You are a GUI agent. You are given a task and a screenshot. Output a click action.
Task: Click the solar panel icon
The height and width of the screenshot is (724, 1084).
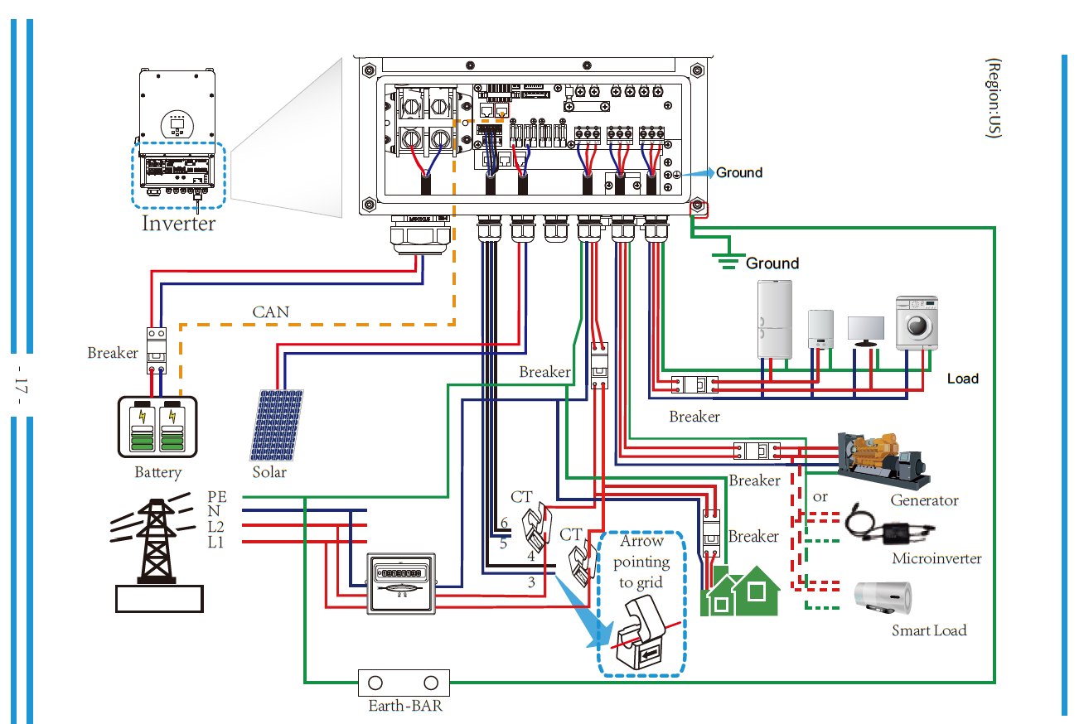(277, 424)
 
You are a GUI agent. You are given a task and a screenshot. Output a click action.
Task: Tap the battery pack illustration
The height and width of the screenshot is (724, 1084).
(157, 427)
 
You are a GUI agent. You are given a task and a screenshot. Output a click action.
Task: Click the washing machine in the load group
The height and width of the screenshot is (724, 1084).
(917, 322)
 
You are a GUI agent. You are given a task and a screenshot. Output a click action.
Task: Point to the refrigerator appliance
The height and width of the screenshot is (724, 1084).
(775, 319)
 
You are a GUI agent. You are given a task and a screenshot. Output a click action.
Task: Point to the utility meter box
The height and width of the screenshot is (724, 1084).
(401, 583)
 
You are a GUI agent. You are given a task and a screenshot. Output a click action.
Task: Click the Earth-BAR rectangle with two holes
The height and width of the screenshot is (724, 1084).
(403, 683)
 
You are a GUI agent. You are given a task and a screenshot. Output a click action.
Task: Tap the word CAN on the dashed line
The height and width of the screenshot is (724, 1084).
(271, 312)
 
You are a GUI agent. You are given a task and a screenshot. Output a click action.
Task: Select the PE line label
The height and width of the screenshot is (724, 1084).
(216, 496)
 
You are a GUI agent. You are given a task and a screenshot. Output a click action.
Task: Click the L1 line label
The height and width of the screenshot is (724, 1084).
(215, 543)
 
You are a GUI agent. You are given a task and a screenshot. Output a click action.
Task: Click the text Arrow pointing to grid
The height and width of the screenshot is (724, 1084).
(641, 561)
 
